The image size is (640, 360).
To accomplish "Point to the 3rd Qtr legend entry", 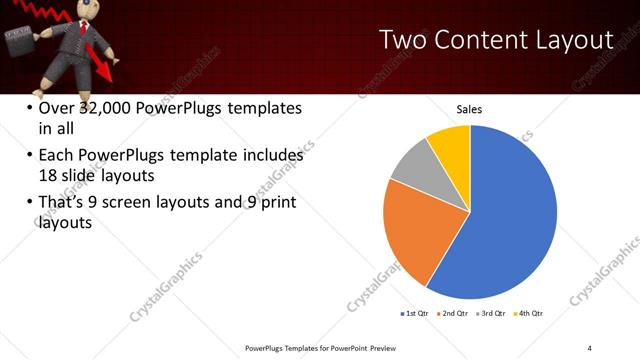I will [493, 313].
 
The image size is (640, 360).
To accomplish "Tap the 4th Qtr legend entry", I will [531, 313].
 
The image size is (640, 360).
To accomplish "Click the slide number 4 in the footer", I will [590, 346].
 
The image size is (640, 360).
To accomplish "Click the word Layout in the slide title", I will [570, 41].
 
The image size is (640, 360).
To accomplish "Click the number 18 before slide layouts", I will [49, 174].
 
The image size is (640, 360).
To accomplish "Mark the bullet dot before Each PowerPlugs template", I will [28, 156].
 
